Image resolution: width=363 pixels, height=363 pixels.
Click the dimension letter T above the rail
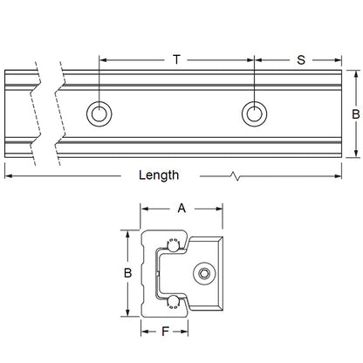[177, 60]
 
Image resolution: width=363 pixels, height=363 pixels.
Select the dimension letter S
[300, 60]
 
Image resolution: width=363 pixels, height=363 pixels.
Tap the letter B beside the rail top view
[355, 114]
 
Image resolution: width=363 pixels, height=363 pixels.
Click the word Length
[159, 175]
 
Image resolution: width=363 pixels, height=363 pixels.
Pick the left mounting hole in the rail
[99, 113]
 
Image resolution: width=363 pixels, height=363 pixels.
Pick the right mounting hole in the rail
[254, 113]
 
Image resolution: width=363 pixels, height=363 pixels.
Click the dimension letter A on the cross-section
[181, 209]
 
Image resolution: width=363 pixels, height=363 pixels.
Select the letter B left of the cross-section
[127, 274]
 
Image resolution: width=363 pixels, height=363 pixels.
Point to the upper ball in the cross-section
[171, 243]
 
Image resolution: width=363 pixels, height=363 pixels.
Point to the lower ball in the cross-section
[171, 304]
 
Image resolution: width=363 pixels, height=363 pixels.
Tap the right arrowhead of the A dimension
[220, 209]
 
